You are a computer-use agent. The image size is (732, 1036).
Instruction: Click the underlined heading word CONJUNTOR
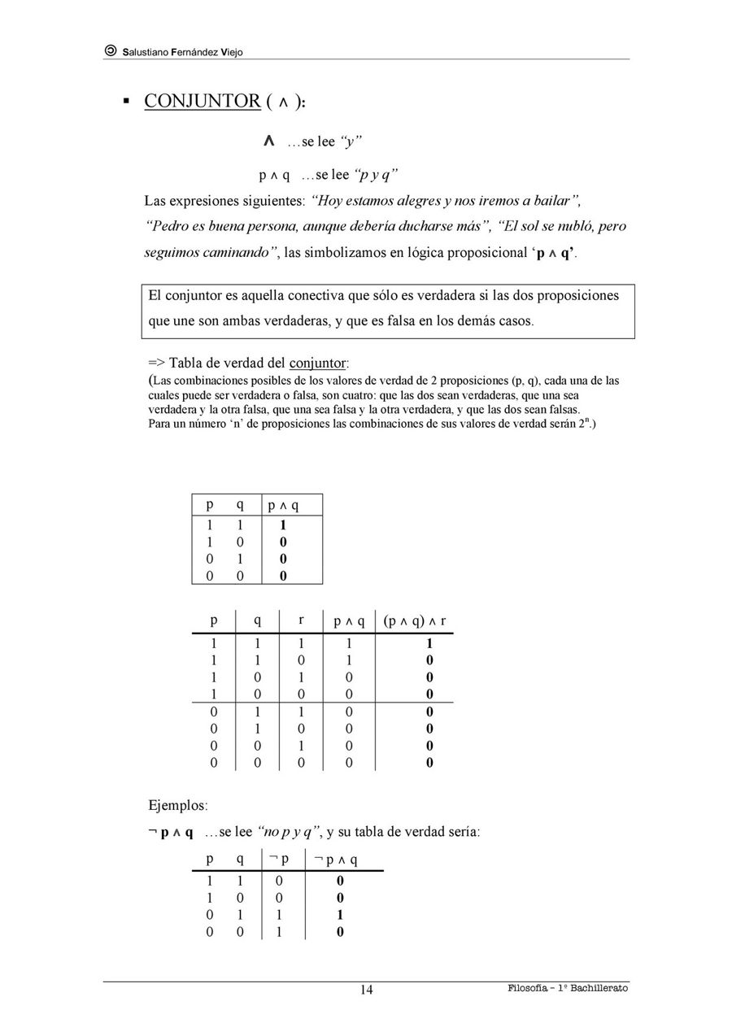point(202,102)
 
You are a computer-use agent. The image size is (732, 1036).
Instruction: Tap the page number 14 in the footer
point(367,989)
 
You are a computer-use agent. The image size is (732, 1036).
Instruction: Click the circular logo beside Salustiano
point(111,51)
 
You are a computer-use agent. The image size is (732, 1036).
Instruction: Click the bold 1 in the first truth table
point(283,525)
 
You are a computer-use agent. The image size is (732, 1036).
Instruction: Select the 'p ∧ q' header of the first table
point(283,506)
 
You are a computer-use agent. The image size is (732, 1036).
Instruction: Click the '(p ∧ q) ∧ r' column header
point(415,621)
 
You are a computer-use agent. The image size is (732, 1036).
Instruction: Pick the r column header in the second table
point(301,620)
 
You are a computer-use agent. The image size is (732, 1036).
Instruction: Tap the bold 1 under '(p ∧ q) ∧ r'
point(429,642)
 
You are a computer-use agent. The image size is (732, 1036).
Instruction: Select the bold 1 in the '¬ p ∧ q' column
point(340,915)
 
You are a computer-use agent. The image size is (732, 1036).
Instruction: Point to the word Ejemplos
point(177,806)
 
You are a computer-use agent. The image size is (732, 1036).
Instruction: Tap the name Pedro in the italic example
point(167,225)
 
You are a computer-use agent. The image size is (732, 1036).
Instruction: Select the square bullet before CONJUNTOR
point(126,102)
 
